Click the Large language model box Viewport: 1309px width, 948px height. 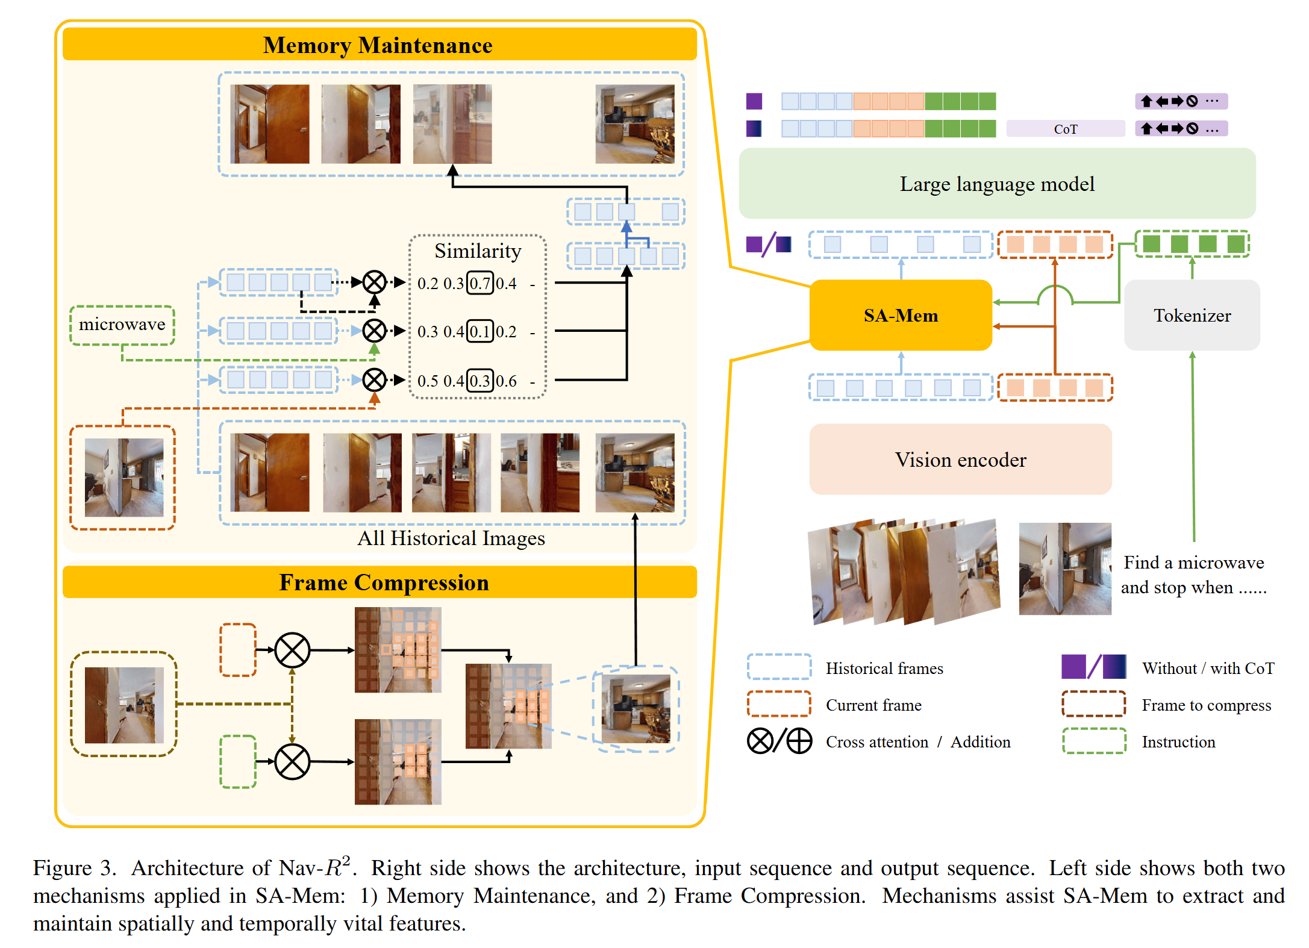pos(997,184)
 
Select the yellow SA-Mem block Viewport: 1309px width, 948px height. pos(901,315)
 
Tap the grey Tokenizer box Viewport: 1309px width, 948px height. pos(1192,315)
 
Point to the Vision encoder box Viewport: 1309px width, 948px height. pos(960,460)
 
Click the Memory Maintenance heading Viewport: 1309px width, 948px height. pos(378,45)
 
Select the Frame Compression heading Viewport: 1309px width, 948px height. pos(384,582)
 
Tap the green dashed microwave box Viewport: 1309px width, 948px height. pos(122,325)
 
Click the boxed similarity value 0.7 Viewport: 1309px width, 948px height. pos(480,283)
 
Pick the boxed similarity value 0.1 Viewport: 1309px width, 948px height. pos(480,331)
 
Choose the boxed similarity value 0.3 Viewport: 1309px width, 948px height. pos(480,381)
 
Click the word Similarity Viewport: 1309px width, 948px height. pos(478,251)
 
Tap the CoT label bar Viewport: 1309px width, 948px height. pos(1065,129)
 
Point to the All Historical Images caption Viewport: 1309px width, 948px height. pos(451,538)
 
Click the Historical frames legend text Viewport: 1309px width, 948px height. pos(884,669)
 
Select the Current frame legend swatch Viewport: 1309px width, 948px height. pos(778,704)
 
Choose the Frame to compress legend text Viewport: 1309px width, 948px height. pos(1206,705)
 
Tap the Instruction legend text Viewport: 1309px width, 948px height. pos(1178,742)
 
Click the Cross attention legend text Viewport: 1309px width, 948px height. pos(876,742)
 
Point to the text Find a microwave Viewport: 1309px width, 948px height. pos(1193,563)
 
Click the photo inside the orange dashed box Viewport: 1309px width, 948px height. pos(123,477)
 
